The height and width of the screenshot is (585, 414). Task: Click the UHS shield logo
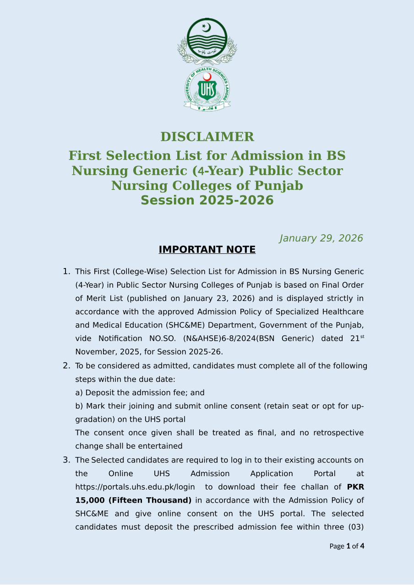(x=207, y=89)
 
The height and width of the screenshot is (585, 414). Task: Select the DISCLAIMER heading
(x=207, y=137)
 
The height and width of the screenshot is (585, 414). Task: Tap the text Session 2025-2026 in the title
(x=207, y=200)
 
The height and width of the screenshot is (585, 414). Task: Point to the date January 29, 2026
(x=321, y=238)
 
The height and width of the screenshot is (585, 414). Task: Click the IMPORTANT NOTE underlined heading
(x=207, y=250)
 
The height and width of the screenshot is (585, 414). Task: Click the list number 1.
(x=66, y=272)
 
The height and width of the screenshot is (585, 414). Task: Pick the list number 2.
(x=66, y=365)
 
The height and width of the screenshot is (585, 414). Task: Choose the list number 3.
(x=66, y=460)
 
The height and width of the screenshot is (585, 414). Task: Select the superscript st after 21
(x=362, y=337)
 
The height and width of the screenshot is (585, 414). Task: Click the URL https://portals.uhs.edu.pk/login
(x=135, y=487)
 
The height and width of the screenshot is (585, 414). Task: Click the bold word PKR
(x=355, y=487)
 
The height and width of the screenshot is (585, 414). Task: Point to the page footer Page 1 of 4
(x=347, y=546)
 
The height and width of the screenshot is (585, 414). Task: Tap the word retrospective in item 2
(x=338, y=433)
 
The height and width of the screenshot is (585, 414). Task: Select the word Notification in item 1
(x=120, y=339)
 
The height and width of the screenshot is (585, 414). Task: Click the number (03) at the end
(x=356, y=527)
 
